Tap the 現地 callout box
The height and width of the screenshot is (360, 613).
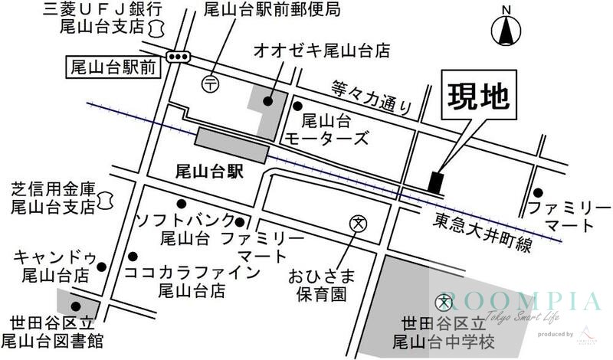tap(477, 98)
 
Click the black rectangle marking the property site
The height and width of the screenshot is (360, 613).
tap(435, 182)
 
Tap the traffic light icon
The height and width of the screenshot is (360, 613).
tap(179, 56)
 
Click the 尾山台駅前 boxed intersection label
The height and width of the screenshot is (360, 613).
tap(113, 67)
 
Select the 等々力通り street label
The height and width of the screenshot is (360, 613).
tap(372, 97)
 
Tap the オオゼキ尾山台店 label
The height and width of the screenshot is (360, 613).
tap(322, 51)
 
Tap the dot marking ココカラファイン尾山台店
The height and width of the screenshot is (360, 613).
tap(133, 256)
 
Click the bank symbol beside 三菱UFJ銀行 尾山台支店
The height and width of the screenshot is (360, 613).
tap(157, 28)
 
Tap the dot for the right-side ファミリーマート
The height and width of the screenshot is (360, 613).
tap(539, 192)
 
